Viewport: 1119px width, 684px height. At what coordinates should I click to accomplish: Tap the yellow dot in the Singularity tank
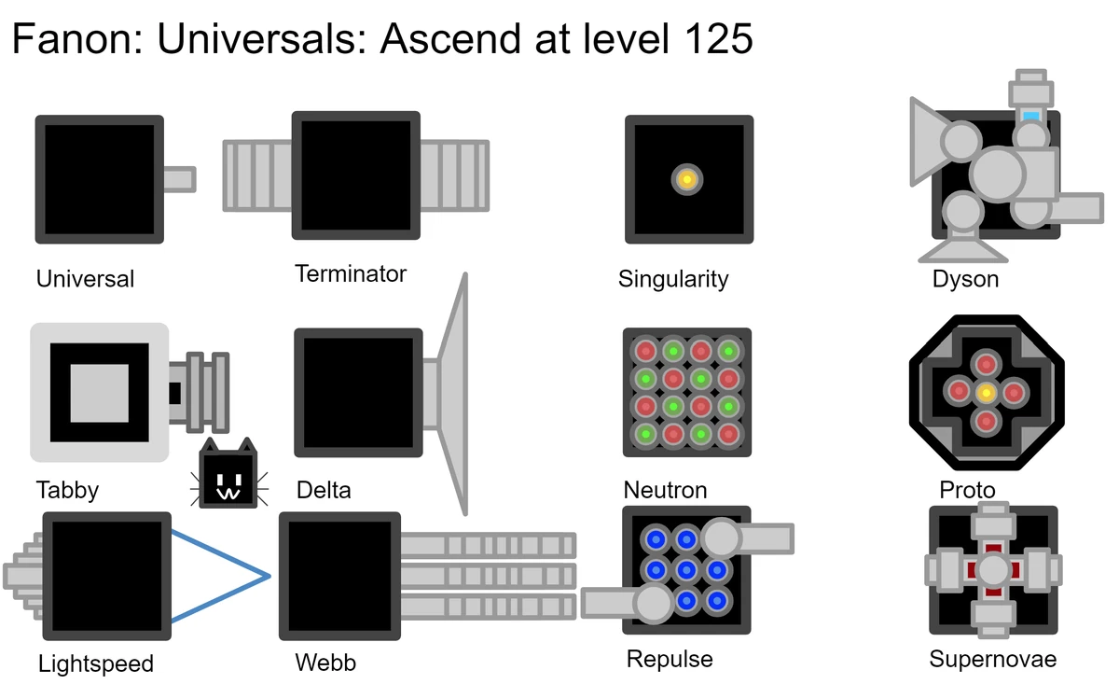[x=686, y=179]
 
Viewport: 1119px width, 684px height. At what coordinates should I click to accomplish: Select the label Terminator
[x=351, y=273]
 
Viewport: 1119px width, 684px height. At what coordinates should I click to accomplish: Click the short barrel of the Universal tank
[x=178, y=179]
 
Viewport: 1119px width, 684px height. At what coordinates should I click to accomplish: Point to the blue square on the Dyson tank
[x=1031, y=116]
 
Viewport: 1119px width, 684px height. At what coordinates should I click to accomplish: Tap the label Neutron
[x=665, y=490]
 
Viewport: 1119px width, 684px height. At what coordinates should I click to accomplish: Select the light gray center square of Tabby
[x=100, y=393]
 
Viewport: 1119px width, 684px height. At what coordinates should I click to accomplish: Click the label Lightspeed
[x=95, y=663]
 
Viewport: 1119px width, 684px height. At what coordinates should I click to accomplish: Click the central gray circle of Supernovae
[x=993, y=570]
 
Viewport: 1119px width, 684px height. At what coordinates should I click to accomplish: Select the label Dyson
[x=965, y=278]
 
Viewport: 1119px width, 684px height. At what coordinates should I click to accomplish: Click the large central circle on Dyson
[x=999, y=174]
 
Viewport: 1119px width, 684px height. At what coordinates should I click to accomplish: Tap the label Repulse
[x=670, y=659]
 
